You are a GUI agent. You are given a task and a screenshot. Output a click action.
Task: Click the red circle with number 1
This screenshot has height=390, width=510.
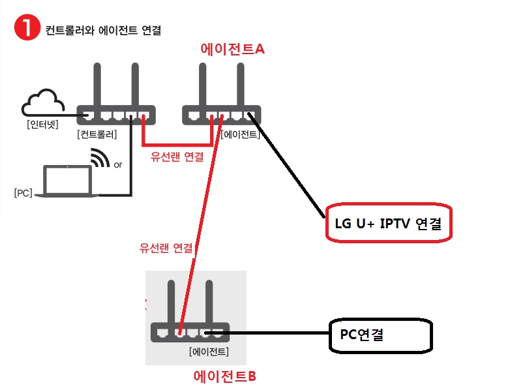tap(27, 27)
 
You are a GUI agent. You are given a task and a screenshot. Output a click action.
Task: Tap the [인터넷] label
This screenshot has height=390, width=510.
tap(42, 125)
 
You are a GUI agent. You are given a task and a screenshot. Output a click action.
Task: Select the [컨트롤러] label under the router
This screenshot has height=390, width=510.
tap(97, 134)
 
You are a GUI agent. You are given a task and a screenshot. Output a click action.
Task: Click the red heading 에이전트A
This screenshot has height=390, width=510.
tap(232, 49)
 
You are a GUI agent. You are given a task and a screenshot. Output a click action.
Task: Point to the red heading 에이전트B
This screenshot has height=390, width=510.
tap(225, 376)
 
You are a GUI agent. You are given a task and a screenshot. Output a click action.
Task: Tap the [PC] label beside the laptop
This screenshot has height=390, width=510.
tap(23, 193)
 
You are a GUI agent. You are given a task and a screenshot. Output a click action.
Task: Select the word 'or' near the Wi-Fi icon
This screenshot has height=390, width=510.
tap(118, 165)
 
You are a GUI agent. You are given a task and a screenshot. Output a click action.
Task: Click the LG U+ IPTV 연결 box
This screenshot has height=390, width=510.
tap(389, 223)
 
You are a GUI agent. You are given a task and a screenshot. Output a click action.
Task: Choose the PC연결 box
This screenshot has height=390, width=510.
tap(381, 335)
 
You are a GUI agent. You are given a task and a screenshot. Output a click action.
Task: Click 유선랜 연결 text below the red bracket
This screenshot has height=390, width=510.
tap(177, 157)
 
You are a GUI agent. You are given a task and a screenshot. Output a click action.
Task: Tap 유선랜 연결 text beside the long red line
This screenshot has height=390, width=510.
tap(166, 248)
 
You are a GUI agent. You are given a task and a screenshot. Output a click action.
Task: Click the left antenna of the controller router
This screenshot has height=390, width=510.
tap(97, 84)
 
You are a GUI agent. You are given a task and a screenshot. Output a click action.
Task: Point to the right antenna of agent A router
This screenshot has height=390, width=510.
tap(241, 84)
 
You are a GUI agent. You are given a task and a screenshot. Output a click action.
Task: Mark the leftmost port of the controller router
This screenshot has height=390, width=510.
tap(88, 115)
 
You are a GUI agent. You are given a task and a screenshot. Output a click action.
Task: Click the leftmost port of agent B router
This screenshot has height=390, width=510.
tap(162, 333)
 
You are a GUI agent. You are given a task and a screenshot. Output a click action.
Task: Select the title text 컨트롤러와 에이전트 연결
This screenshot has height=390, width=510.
tap(103, 30)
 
